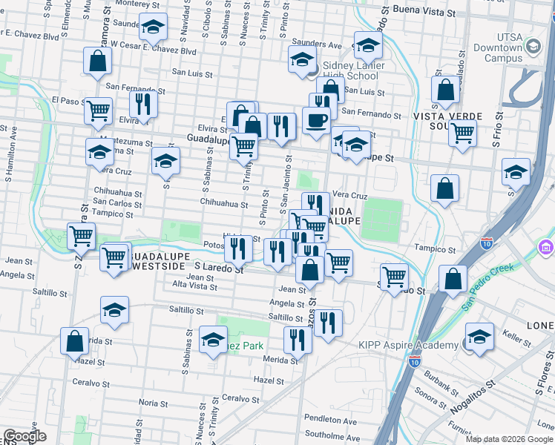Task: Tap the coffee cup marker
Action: point(317,120)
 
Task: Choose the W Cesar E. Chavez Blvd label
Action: point(154,52)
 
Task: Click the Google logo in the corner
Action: point(24,436)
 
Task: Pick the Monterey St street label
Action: point(128,4)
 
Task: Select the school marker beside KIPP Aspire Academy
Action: point(479,337)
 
